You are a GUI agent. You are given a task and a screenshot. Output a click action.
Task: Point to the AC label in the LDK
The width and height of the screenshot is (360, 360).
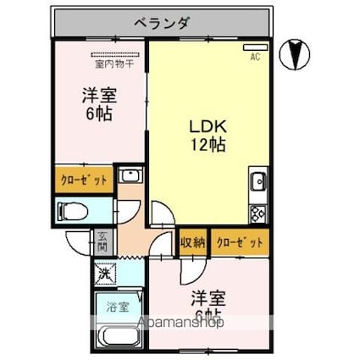[254, 57]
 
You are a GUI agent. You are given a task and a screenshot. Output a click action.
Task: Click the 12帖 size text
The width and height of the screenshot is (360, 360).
[206, 144]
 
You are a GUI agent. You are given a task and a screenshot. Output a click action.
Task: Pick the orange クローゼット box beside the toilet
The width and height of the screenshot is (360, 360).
[83, 180]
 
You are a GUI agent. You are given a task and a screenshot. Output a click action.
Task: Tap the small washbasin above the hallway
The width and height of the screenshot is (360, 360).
[130, 177]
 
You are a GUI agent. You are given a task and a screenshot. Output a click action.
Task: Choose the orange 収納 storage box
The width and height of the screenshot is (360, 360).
[192, 242]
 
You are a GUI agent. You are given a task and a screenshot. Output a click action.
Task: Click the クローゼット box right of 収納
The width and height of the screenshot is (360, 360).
[239, 242]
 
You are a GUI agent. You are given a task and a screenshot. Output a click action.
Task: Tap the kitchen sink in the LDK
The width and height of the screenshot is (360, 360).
[258, 180]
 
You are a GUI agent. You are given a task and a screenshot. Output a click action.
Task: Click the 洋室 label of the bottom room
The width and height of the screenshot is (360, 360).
[208, 298]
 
